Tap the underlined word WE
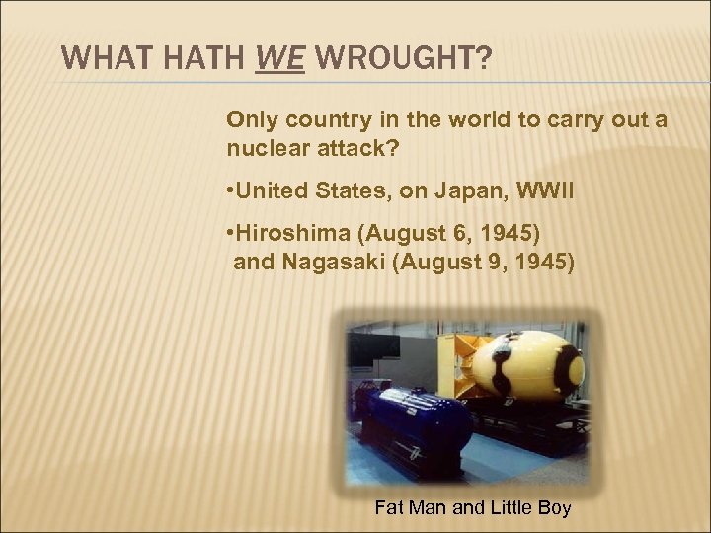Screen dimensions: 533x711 [280, 59]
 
